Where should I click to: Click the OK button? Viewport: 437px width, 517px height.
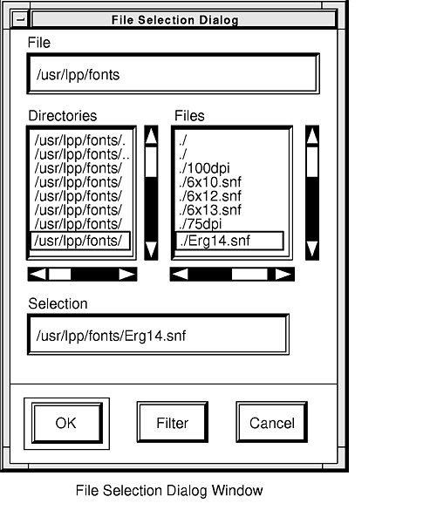click(x=67, y=423)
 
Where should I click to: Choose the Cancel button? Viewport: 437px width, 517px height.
click(x=272, y=422)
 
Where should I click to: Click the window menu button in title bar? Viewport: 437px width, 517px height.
click(x=20, y=19)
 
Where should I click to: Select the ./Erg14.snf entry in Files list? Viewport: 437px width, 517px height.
click(x=229, y=241)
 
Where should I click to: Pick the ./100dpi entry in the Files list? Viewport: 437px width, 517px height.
click(x=204, y=168)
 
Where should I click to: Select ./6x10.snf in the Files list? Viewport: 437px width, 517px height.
click(x=210, y=182)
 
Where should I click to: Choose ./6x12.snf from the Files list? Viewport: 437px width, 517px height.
click(x=210, y=196)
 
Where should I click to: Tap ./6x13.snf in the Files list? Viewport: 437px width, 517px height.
click(x=210, y=210)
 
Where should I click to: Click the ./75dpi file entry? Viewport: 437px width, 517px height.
click(x=201, y=224)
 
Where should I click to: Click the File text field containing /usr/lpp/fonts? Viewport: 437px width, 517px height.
click(x=173, y=73)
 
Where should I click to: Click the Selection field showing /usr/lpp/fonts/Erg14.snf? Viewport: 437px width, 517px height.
click(x=158, y=335)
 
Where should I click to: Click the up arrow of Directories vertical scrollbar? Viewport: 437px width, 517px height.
click(x=151, y=136)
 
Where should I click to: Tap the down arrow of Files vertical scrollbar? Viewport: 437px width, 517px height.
click(x=312, y=249)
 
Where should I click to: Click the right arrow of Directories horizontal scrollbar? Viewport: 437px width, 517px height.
click(x=127, y=275)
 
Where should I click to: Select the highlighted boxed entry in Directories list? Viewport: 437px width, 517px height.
click(x=80, y=241)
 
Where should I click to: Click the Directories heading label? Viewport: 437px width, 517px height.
click(x=63, y=116)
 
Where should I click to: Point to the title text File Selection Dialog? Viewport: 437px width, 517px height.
click(x=174, y=20)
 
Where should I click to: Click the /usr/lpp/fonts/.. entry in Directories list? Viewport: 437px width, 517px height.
click(x=82, y=154)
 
